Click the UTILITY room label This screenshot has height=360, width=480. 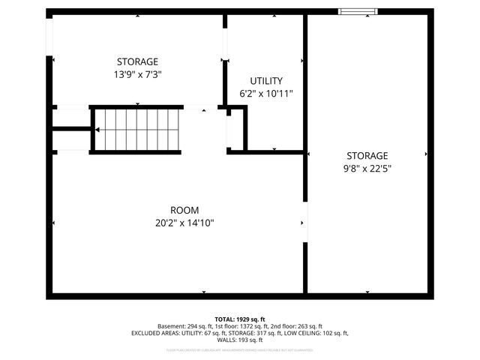point(265,81)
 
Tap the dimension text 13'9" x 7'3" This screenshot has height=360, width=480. point(137,74)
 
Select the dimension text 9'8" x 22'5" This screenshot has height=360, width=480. point(367,168)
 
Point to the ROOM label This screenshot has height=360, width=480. point(184,210)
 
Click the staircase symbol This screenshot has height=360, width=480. point(138,130)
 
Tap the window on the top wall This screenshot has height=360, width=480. point(358,10)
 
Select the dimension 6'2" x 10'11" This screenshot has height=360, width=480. point(265,94)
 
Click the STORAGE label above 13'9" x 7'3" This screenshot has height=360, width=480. point(137,61)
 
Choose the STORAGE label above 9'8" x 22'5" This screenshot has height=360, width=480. point(367,155)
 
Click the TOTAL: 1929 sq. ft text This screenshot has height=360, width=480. point(240,319)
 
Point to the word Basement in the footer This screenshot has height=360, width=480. point(172,326)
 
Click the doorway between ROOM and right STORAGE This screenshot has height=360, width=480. point(304,223)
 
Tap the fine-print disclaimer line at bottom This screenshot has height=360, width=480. point(240,349)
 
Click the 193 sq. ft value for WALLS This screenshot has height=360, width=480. point(250,339)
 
